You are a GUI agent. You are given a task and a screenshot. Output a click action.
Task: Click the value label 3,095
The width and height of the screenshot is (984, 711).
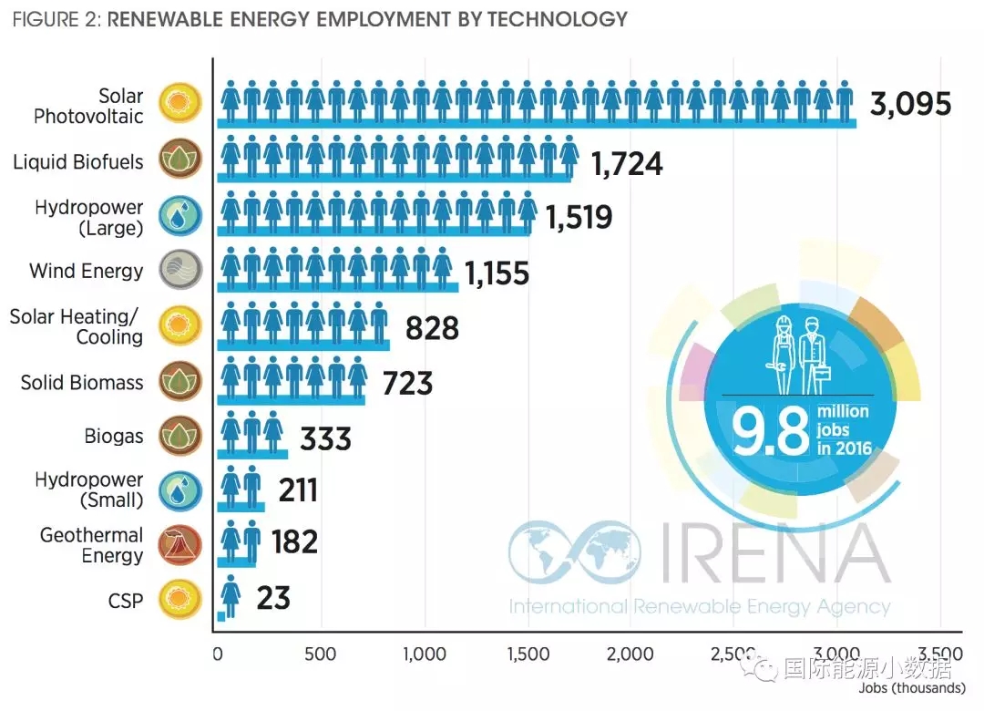pyautogui.click(x=910, y=104)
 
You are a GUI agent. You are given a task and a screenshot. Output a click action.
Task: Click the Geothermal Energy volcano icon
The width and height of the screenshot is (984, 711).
pyautogui.click(x=179, y=545)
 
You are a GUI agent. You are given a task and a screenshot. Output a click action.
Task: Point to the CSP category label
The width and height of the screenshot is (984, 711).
pyautogui.click(x=125, y=600)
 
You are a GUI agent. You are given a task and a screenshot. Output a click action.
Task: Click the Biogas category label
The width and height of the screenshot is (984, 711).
pyautogui.click(x=114, y=436)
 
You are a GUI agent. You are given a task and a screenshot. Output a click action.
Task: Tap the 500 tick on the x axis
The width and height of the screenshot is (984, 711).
pyautogui.click(x=320, y=654)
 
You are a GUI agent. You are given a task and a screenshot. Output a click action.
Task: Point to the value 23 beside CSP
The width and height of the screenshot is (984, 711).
pyautogui.click(x=272, y=598)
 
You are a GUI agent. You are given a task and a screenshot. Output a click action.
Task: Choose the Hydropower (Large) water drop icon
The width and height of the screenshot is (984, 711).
pyautogui.click(x=179, y=216)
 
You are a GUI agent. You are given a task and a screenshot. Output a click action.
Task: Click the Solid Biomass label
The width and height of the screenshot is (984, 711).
pyautogui.click(x=82, y=382)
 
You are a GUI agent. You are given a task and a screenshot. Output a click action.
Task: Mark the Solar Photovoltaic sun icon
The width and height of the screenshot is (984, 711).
pyautogui.click(x=179, y=105)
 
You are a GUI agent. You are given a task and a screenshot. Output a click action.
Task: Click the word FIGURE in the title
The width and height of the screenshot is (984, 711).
pyautogui.click(x=43, y=18)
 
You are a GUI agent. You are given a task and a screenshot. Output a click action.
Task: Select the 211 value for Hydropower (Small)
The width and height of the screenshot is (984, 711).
pyautogui.click(x=297, y=491)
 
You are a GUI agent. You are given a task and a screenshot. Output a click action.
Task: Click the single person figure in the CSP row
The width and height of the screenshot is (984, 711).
pyautogui.click(x=231, y=596)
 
